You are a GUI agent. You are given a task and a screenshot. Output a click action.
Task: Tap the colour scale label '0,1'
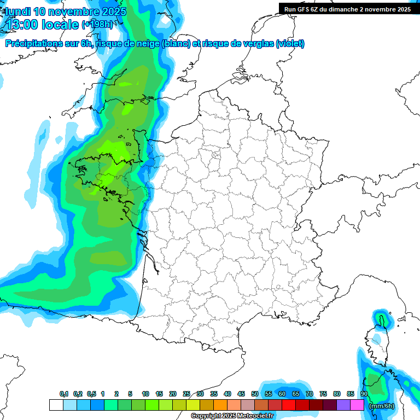pyautogui.click(x=64, y=394)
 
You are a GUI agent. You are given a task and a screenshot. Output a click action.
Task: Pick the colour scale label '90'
pyautogui.click(x=364, y=394)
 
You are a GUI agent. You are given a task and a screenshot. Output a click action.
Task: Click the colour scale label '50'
pyautogui.click(x=255, y=394)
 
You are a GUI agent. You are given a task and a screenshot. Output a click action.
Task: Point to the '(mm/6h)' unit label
pyautogui.click(x=381, y=406)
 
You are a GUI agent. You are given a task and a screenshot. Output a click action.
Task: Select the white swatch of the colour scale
pyautogui.click(x=56, y=405)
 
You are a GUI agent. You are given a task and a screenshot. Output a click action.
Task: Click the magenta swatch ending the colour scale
pyautogui.click(x=357, y=405)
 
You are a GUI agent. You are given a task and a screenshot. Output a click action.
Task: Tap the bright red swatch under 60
pyautogui.click(x=289, y=405)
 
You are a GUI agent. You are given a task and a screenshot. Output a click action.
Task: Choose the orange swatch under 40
pyautogui.click(x=220, y=405)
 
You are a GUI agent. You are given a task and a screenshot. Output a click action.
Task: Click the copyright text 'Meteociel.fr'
pyautogui.click(x=255, y=416)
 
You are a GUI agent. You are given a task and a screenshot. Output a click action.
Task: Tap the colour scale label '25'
pyautogui.click(x=186, y=394)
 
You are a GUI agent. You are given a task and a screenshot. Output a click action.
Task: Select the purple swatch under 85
pyautogui.click(x=343, y=405)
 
